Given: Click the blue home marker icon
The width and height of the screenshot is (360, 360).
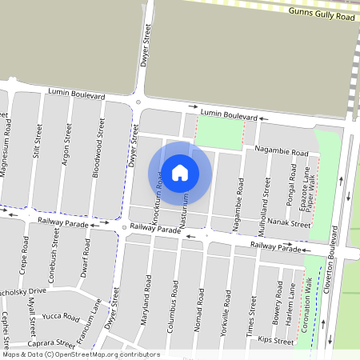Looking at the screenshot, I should click(180, 173).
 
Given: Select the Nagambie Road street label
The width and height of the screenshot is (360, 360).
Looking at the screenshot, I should click(281, 151).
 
